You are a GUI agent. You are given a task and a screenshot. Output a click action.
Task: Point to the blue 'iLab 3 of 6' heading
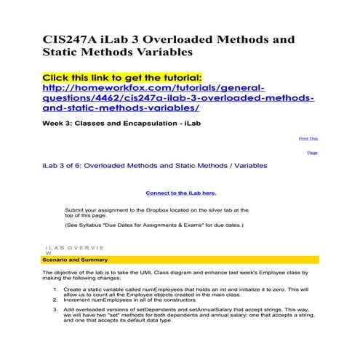tap(154, 166)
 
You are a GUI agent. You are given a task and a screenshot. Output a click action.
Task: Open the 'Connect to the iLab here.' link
tap(180, 193)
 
